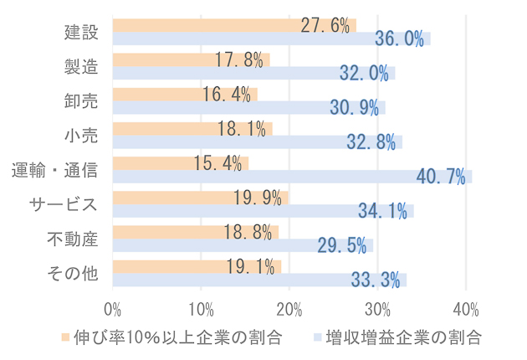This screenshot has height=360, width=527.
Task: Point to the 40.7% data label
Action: click(440, 177)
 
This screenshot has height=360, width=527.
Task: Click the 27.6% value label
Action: click(325, 25)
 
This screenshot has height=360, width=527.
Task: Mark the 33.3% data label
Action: click(376, 280)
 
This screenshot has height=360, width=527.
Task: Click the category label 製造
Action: click(81, 67)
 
